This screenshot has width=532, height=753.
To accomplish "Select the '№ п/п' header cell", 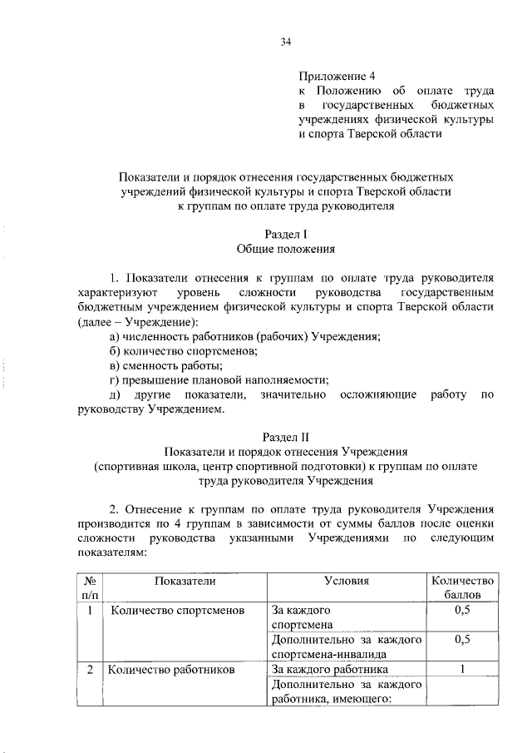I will click(x=88, y=588).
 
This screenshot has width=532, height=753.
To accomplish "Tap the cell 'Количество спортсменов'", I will click(x=177, y=611).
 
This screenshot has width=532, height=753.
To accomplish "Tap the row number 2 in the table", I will click(x=88, y=668).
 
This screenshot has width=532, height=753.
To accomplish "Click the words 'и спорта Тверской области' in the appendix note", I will click(x=370, y=135).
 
